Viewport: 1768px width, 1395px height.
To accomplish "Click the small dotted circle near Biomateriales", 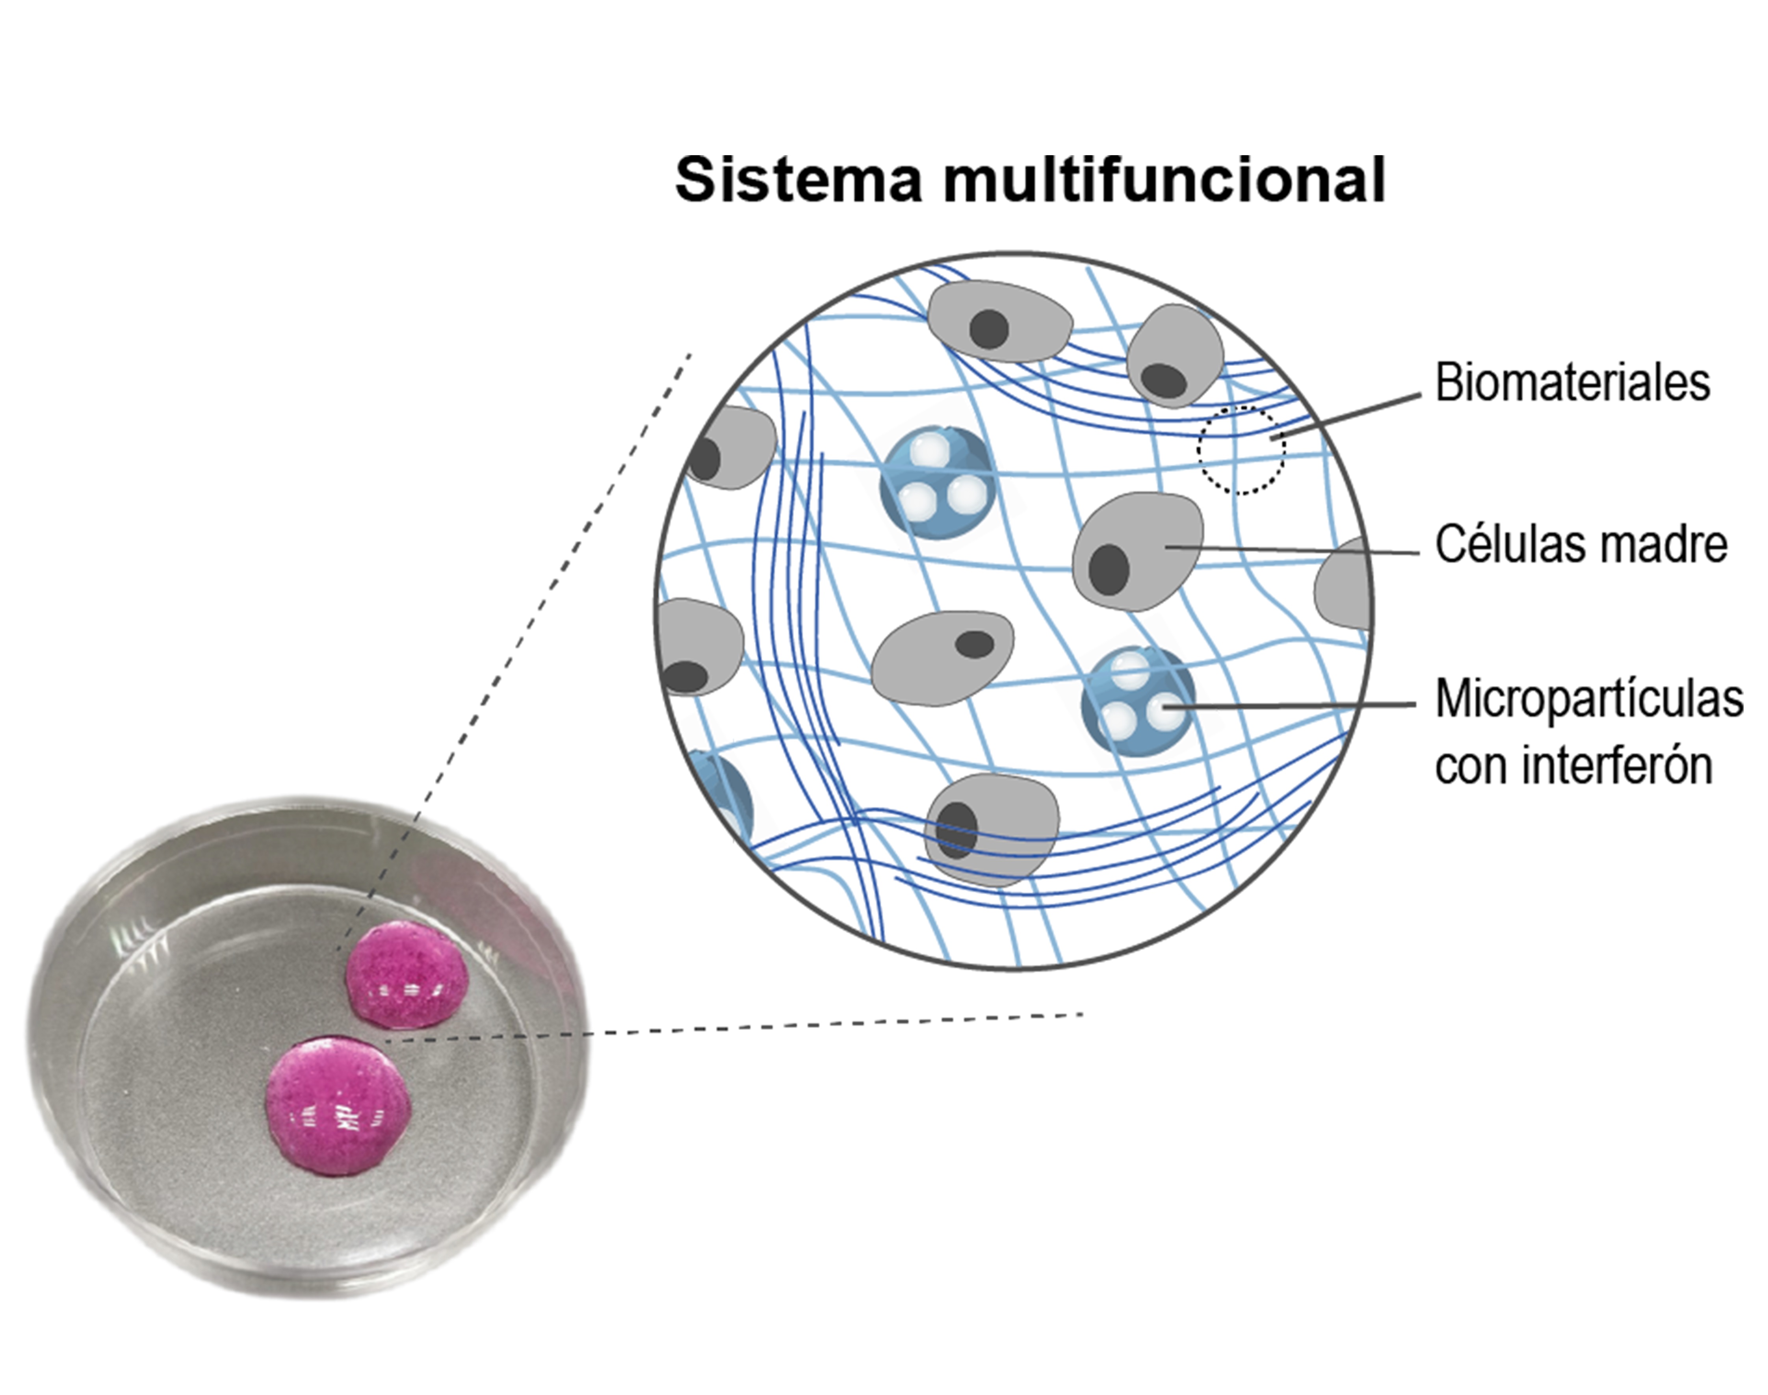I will pyautogui.click(x=1241, y=450).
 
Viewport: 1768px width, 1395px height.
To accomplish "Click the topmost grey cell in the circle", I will pyautogui.click(x=999, y=321).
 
